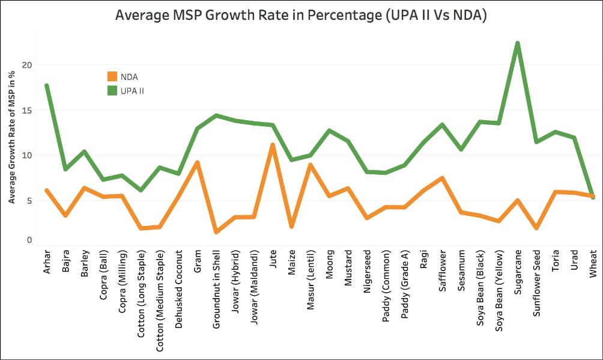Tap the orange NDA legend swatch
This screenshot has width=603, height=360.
112,76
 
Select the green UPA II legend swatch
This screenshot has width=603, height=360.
112,91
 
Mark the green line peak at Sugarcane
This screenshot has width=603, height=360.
517,43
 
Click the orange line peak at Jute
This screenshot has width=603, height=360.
272,145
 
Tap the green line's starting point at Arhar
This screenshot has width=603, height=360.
46,85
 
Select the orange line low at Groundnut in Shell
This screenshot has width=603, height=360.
216,231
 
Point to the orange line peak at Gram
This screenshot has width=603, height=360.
197,162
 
